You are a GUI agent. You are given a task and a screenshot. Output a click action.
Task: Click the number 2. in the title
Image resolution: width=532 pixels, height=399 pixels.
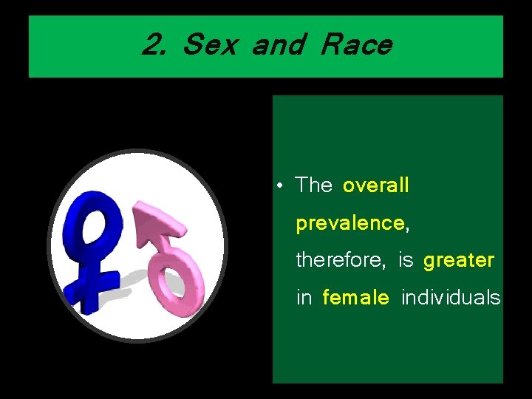click(x=154, y=45)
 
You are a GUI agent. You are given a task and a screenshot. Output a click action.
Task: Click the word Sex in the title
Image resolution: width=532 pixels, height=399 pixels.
click(x=209, y=45)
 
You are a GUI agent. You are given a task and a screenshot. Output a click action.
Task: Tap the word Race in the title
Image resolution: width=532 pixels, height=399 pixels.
click(x=357, y=45)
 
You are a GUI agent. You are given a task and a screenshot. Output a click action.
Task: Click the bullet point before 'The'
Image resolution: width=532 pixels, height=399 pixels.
click(x=282, y=185)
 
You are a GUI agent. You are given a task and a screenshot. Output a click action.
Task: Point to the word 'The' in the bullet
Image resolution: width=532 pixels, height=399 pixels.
click(x=314, y=185)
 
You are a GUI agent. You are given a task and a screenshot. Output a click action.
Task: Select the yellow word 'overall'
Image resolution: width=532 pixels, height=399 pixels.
click(x=375, y=185)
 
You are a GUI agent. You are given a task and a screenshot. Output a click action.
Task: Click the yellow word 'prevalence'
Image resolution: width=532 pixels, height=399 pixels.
click(x=350, y=223)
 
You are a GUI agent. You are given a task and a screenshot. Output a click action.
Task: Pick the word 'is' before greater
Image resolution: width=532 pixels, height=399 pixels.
click(x=406, y=260)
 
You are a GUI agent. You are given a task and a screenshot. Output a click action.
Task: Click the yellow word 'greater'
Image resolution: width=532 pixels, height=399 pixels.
click(x=459, y=260)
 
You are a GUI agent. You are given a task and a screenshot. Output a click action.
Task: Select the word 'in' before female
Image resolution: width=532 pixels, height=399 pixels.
click(x=304, y=298)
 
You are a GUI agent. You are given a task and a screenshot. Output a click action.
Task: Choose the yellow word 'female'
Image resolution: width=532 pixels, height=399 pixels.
click(x=355, y=298)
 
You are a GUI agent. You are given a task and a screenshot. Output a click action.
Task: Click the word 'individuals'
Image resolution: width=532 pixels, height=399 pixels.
click(x=450, y=298)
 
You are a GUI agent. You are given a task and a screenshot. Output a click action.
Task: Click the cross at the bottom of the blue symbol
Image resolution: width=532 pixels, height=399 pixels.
click(x=92, y=284)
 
